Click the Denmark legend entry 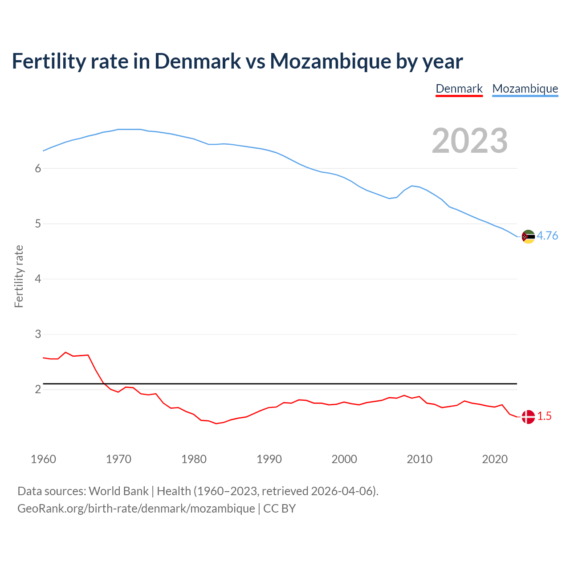click(x=459, y=89)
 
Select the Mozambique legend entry click(x=525, y=89)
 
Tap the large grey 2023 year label click(x=470, y=141)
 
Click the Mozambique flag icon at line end click(x=528, y=236)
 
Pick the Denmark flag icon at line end click(x=528, y=417)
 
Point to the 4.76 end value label click(x=547, y=236)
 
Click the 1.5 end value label click(x=544, y=416)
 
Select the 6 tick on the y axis click(x=38, y=168)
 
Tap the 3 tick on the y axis click(x=38, y=334)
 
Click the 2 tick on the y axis click(x=38, y=389)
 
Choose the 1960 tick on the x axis click(x=43, y=459)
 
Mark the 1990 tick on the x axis click(x=269, y=459)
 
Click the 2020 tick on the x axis click(x=495, y=459)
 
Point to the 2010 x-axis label click(x=419, y=459)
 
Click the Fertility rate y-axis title click(x=19, y=276)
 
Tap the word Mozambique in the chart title click(x=330, y=61)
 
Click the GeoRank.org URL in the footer click(x=136, y=509)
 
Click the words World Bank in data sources click(x=118, y=491)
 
